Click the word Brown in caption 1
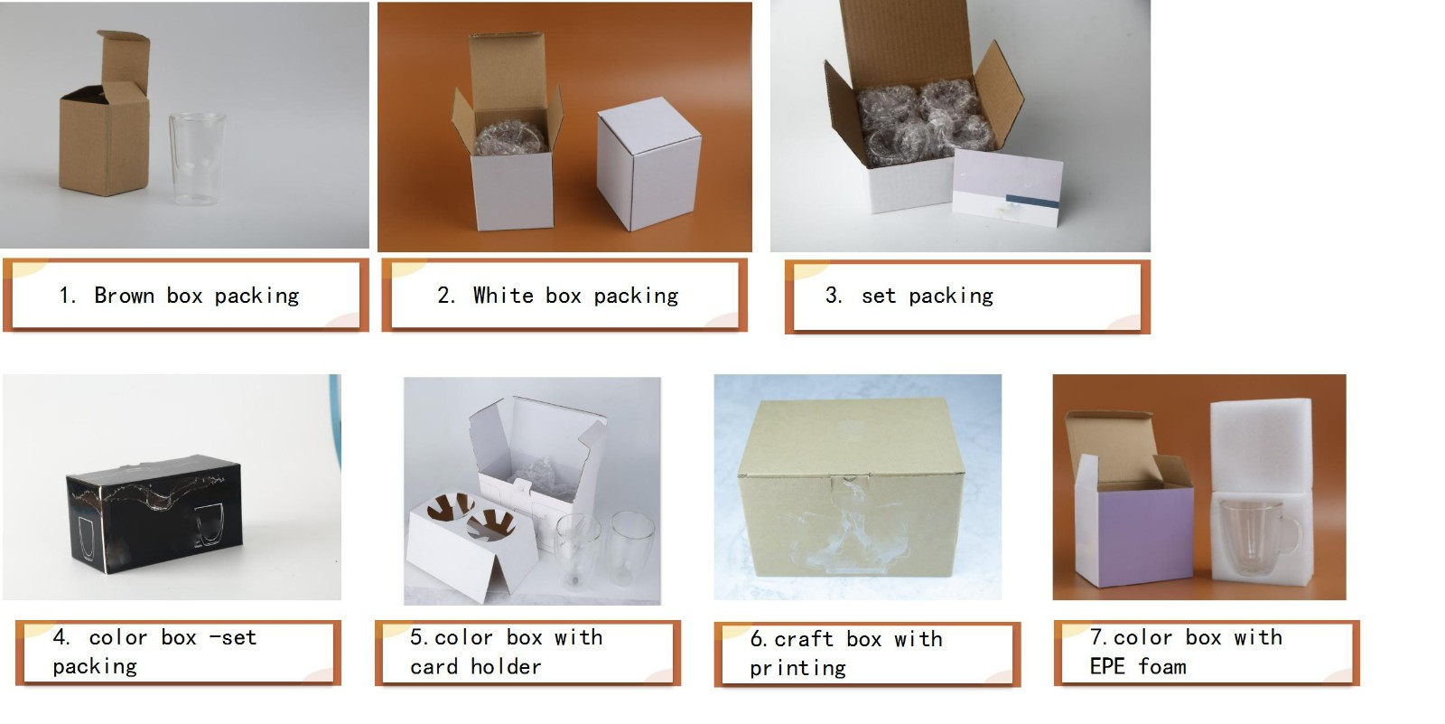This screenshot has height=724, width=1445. coord(125,296)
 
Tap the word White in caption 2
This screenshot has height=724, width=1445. coord(503,296)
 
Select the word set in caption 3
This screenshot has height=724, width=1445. coord(879,296)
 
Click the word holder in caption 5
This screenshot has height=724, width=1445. coord(506,666)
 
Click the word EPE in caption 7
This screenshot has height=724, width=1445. coord(1107,666)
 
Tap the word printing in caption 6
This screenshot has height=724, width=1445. coord(798,668)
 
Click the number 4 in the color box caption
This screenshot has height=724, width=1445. coord(60,637)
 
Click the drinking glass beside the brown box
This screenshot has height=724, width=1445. coord(197,159)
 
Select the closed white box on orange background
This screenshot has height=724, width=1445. coord(648,164)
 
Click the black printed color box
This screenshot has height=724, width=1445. coord(154,513)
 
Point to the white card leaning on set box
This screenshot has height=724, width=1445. coord(1007,187)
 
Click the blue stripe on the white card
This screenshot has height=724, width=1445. coord(1032,202)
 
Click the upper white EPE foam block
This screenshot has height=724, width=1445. coord(1261,445)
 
